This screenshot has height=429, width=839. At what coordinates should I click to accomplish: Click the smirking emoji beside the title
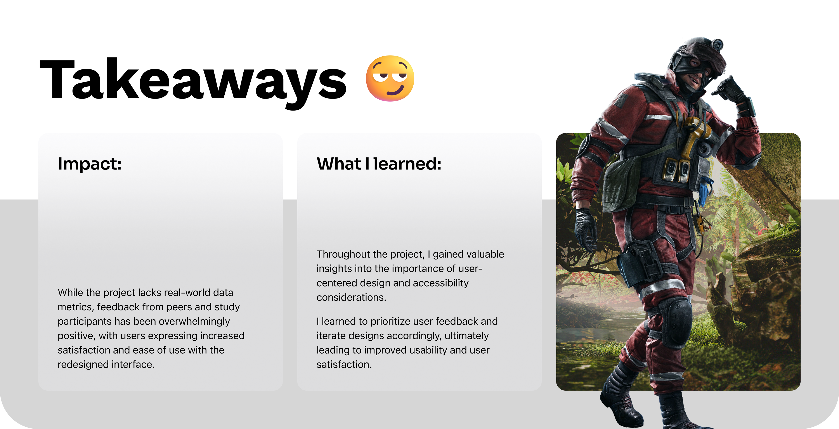390,78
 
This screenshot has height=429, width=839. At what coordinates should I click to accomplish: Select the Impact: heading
90,164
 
